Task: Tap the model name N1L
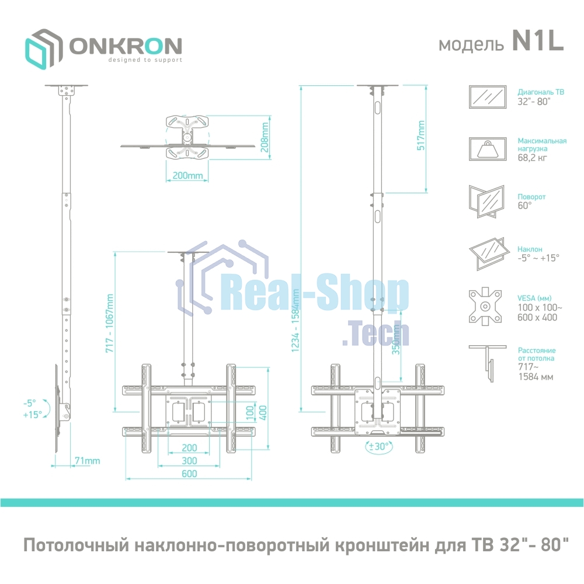point(537,42)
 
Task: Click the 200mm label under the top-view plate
point(187,176)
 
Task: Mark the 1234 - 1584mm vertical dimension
point(296,320)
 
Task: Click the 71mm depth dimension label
point(87,461)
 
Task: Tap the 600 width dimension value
point(189,474)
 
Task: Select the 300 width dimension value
point(189,461)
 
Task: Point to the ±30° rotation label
point(380,447)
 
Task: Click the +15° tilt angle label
point(33,414)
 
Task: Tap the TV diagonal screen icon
point(488,96)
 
